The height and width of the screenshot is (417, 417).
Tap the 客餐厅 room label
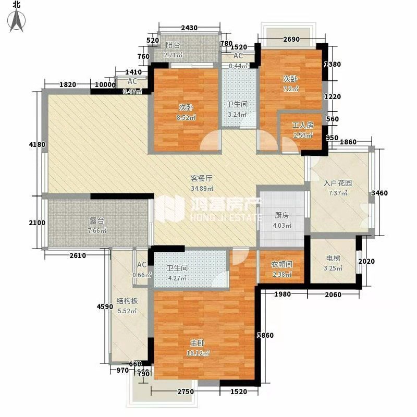202,178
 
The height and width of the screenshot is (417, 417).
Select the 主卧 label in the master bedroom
198,343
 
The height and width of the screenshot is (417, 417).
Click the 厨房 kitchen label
281,215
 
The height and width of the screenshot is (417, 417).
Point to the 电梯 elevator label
333,258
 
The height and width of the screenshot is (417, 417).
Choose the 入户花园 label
338,183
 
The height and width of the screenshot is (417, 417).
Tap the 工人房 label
303,125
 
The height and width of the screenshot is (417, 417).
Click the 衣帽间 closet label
281,264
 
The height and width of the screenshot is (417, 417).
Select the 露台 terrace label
97,220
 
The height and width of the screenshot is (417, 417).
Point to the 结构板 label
127,301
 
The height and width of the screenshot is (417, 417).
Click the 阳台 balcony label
173,45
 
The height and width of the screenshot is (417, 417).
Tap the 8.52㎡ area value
186,117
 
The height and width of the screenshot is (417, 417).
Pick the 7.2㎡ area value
290,89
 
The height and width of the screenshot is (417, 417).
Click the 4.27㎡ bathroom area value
177,278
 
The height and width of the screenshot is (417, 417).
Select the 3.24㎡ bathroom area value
237,115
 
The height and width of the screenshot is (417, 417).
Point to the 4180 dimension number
37,145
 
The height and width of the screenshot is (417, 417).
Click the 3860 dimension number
265,335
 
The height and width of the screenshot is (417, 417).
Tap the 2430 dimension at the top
189,28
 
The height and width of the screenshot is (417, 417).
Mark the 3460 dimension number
379,193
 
